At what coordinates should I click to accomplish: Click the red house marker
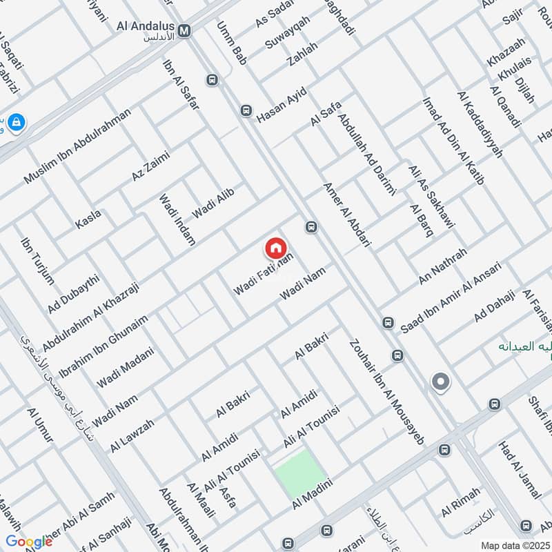pyautogui.click(x=275, y=248)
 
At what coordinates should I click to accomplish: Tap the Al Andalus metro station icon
pyautogui.click(x=185, y=30)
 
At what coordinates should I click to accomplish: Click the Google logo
pyautogui.click(x=29, y=541)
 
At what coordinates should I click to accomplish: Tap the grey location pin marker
pyautogui.click(x=440, y=381)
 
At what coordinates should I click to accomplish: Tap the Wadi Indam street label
pyautogui.click(x=177, y=219)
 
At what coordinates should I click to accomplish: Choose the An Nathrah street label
pyautogui.click(x=443, y=266)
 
